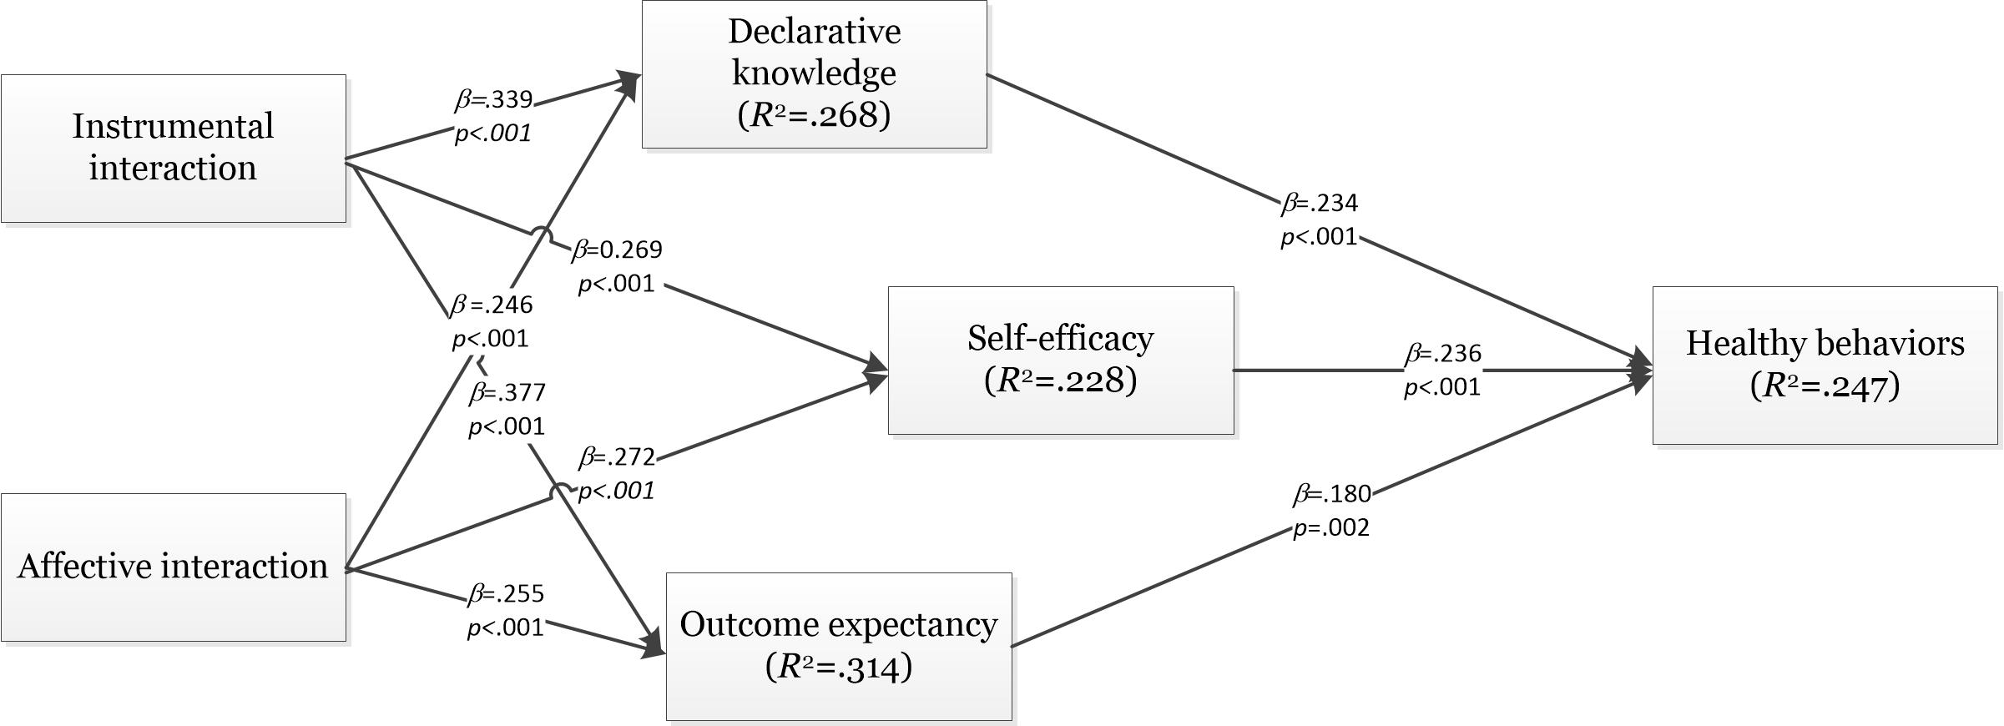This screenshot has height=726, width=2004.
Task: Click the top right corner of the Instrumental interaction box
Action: (346, 75)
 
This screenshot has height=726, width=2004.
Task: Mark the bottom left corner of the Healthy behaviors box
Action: (1653, 443)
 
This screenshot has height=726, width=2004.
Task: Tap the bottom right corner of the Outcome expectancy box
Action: (1012, 719)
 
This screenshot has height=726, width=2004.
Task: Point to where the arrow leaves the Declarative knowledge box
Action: (987, 74)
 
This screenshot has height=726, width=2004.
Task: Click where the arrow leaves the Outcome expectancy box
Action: (1012, 646)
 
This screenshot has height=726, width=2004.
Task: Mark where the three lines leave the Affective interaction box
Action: (346, 570)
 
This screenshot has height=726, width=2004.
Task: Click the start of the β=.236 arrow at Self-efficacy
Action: (1234, 370)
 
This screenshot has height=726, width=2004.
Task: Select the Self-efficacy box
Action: (1061, 360)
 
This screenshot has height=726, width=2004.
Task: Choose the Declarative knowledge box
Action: (815, 74)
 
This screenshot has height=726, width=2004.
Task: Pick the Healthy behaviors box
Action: (1825, 366)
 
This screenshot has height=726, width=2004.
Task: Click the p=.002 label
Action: (1331, 528)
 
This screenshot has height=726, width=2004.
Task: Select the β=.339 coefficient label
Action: (494, 100)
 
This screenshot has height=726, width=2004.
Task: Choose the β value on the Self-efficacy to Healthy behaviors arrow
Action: (1443, 354)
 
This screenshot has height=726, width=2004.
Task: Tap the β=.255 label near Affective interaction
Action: (506, 594)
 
